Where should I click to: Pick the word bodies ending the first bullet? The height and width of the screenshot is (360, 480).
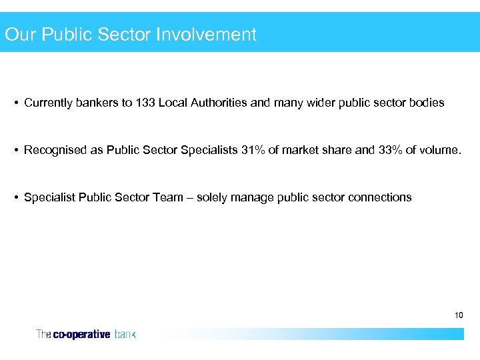(x=427, y=103)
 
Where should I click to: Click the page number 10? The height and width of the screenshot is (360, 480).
(x=459, y=314)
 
